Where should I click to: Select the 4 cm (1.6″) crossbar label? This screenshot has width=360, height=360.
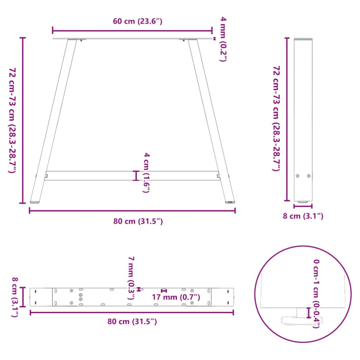[x=146, y=172]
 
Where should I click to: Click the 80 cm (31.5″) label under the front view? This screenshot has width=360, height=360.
[x=132, y=221]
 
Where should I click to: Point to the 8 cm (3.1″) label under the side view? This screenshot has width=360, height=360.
[x=303, y=216]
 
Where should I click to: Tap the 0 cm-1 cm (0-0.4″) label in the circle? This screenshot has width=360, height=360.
[x=317, y=293]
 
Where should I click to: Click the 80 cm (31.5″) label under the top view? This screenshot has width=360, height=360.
[x=132, y=321]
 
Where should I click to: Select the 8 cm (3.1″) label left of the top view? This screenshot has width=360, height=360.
[x=15, y=297]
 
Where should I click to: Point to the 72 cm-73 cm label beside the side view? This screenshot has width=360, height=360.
[x=276, y=118]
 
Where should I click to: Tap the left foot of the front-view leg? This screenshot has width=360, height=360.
[x=35, y=201]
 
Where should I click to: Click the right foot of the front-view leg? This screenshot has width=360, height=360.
[x=230, y=202]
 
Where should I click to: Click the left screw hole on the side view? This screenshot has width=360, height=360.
[x=297, y=176]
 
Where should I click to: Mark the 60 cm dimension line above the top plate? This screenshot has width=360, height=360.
[x=132, y=31]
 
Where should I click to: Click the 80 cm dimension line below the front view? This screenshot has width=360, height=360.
[x=132, y=211]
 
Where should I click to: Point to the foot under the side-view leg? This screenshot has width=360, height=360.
[x=303, y=201]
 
